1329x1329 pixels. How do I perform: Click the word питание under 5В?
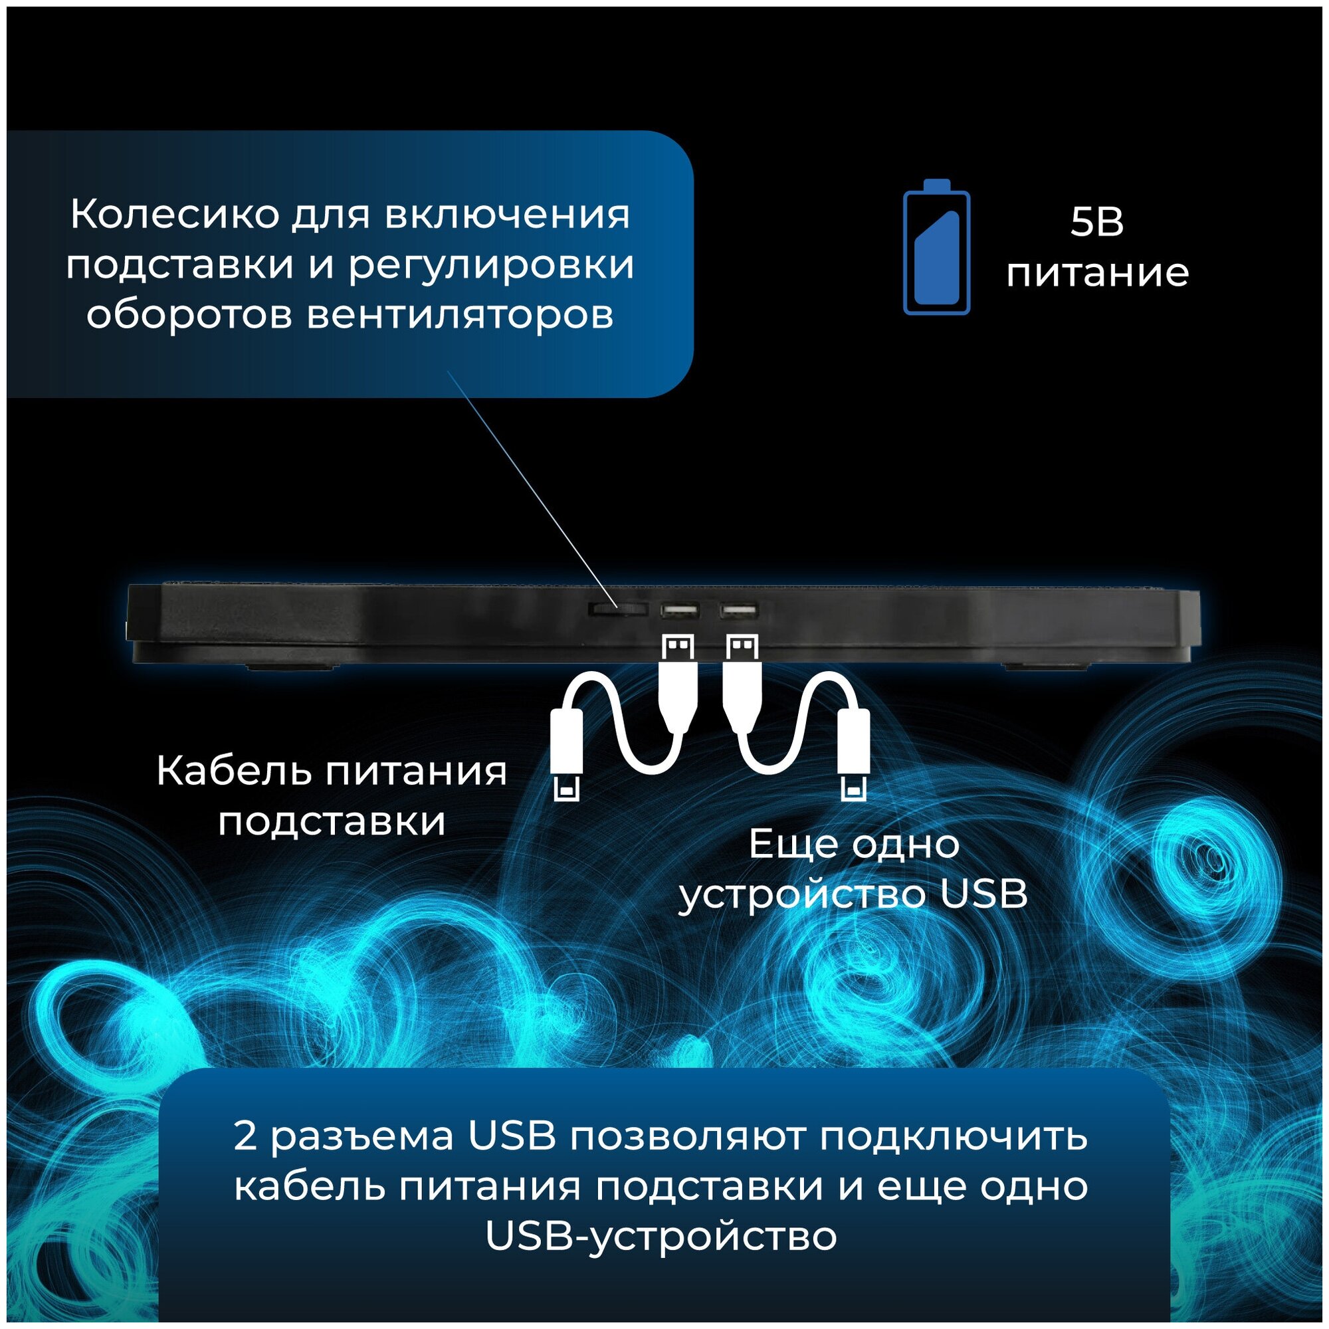[x=1097, y=273]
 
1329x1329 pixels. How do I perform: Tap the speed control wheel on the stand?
[x=618, y=608]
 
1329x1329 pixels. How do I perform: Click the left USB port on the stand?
[x=680, y=609]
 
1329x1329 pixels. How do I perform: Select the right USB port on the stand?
[x=738, y=609]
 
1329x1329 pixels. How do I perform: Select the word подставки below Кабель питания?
[x=332, y=821]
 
